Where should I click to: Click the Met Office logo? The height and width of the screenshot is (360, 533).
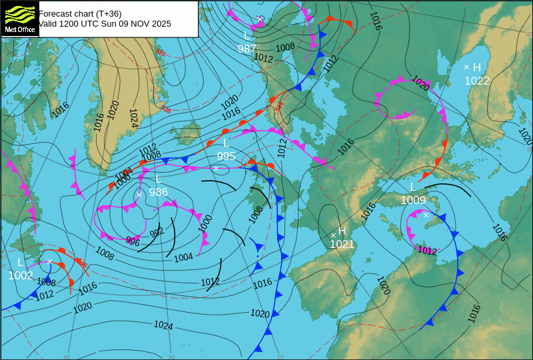click(x=19, y=18)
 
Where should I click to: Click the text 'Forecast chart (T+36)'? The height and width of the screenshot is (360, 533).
click(x=80, y=13)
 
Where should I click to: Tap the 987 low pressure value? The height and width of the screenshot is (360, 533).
click(x=247, y=49)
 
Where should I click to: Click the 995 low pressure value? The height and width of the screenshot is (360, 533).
click(x=226, y=156)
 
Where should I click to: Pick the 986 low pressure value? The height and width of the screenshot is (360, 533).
click(x=159, y=192)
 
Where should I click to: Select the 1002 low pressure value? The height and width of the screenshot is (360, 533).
click(x=21, y=275)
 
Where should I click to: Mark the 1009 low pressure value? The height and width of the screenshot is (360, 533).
click(x=413, y=199)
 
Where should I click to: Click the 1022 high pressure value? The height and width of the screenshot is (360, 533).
click(x=477, y=81)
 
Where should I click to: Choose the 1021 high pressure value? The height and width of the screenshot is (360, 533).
click(x=342, y=244)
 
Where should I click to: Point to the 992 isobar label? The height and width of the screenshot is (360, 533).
click(x=157, y=233)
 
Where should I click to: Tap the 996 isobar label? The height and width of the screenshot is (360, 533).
click(x=133, y=242)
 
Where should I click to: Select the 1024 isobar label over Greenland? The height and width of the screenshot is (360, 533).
click(x=133, y=118)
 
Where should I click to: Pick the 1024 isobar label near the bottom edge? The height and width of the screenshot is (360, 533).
click(x=163, y=325)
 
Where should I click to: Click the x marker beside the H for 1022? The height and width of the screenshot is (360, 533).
click(x=466, y=67)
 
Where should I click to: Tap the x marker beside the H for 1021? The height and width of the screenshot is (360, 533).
click(x=333, y=235)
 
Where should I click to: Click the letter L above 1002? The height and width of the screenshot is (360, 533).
click(x=20, y=262)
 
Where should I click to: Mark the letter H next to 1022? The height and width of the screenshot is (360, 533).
click(x=477, y=67)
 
